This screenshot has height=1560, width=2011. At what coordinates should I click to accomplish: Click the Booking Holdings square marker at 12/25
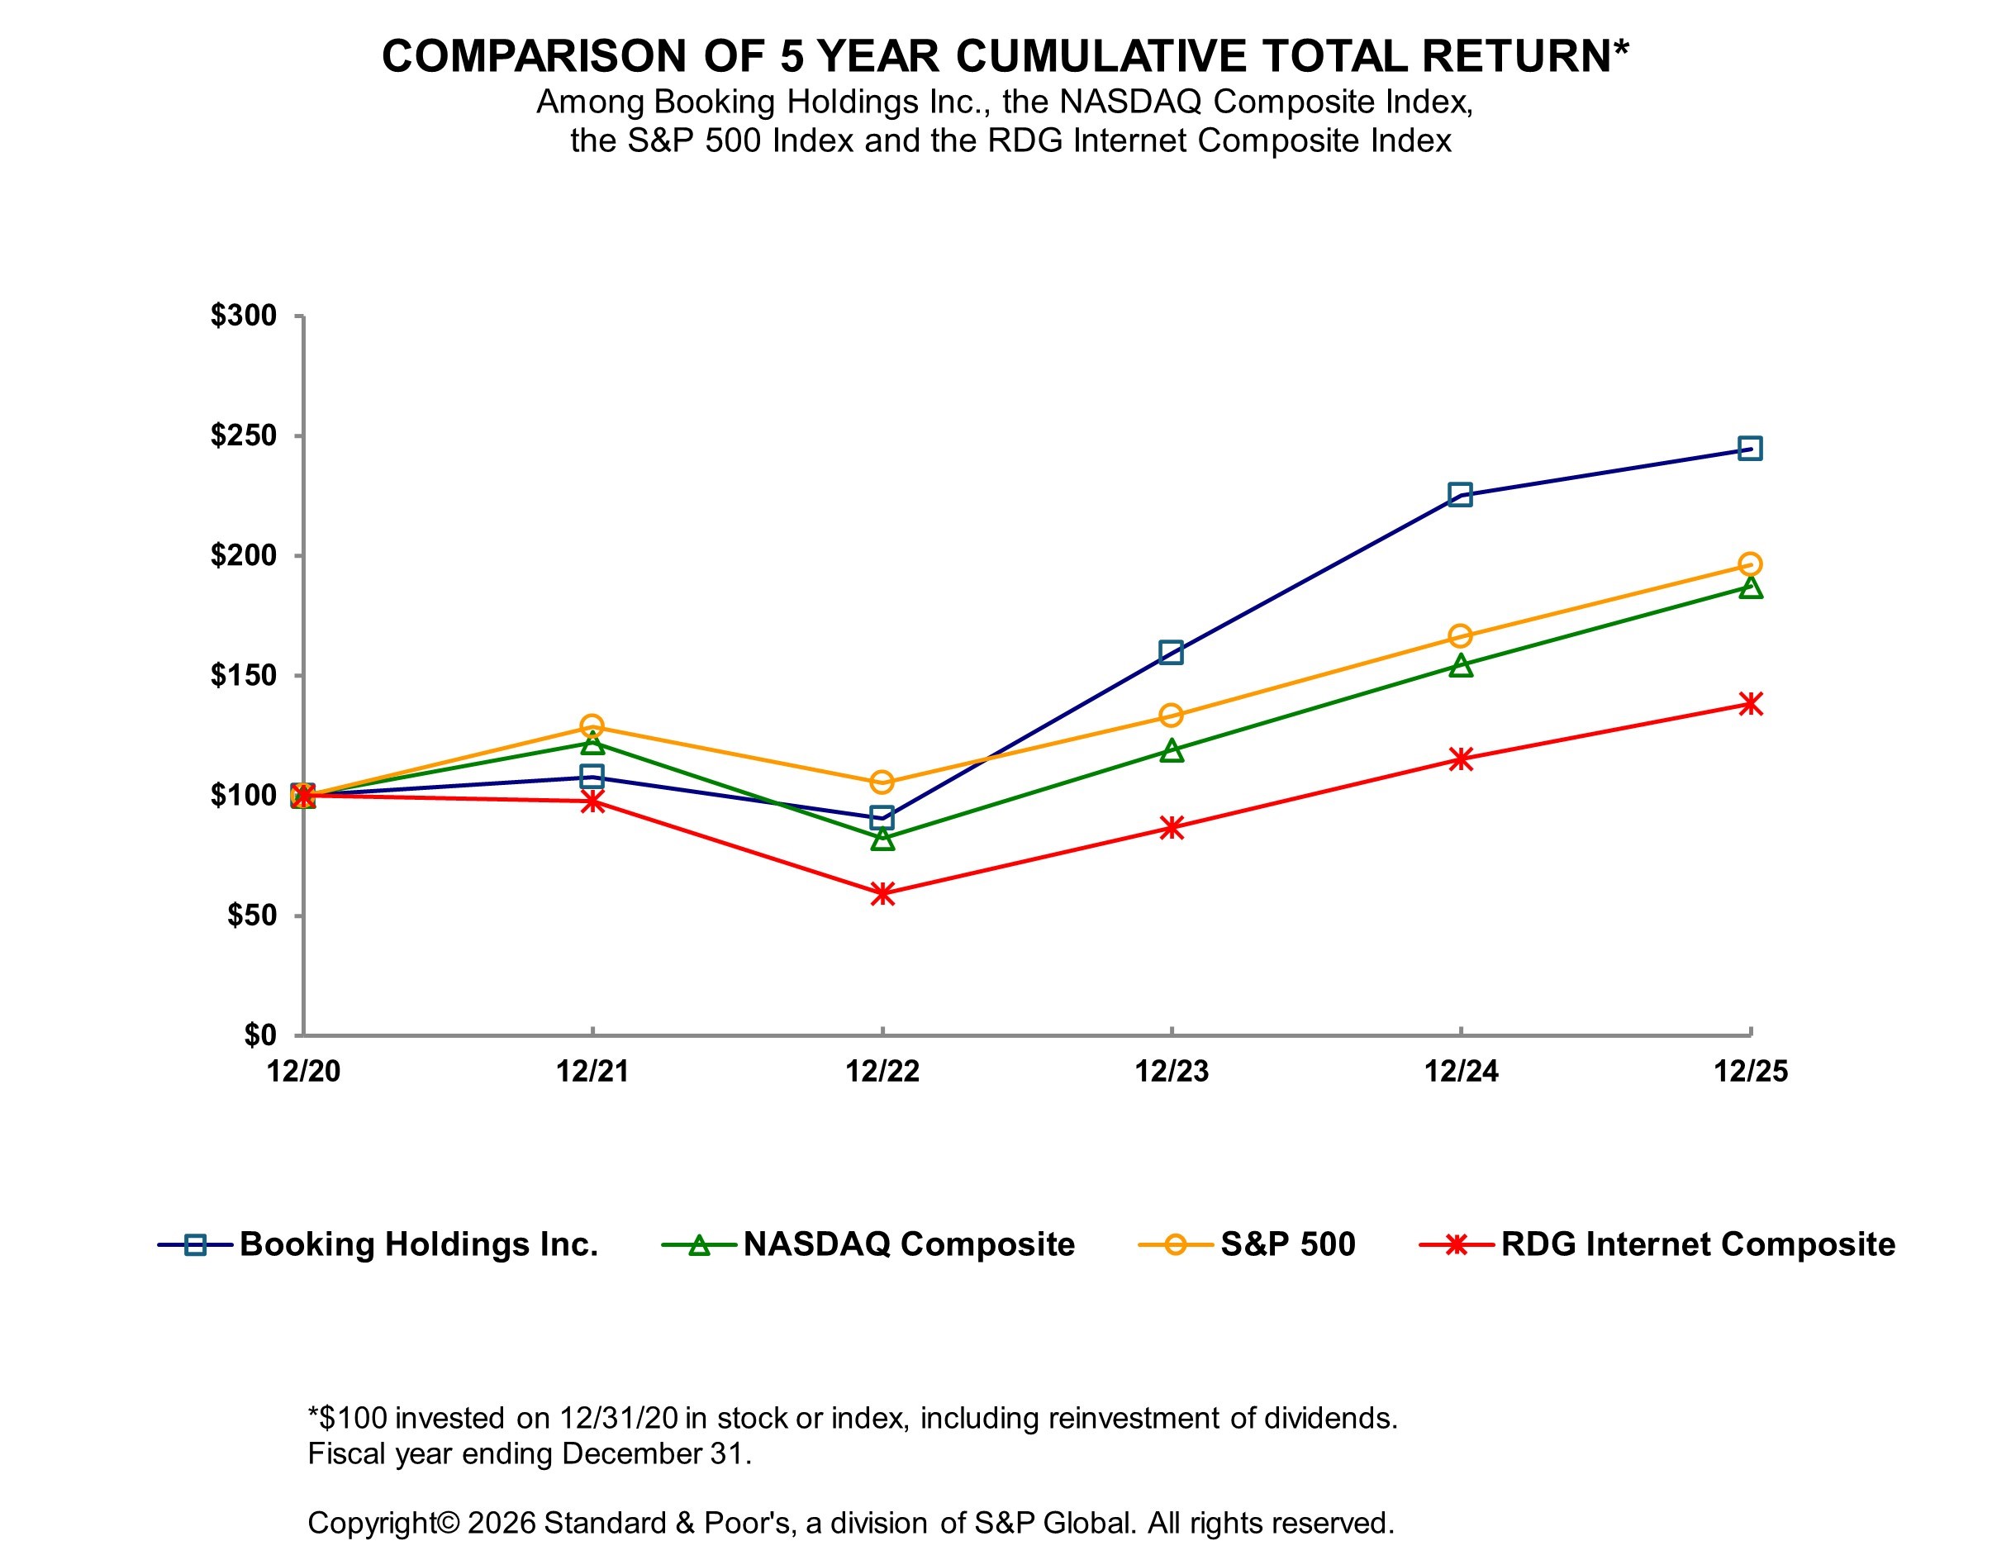[1749, 449]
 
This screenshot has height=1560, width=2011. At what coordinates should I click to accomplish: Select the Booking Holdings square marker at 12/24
[1459, 494]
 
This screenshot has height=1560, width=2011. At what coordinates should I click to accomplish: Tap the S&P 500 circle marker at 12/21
[592, 725]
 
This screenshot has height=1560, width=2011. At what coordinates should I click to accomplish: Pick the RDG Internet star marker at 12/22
[882, 893]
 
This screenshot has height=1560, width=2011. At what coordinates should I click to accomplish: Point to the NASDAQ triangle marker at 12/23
[1172, 750]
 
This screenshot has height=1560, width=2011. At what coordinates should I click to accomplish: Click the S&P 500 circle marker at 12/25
[1749, 564]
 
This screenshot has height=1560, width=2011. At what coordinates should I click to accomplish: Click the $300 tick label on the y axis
[243, 316]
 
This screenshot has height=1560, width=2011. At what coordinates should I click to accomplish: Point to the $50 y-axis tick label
[251, 916]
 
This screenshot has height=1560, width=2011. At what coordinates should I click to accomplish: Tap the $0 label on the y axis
[259, 1035]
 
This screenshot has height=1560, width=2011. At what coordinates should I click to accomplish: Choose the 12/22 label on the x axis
[882, 1071]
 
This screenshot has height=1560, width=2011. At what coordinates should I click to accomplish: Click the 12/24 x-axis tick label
[1461, 1071]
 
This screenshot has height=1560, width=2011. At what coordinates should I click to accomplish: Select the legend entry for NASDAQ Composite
[908, 1244]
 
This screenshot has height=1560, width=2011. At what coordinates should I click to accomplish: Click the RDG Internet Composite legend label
[1697, 1244]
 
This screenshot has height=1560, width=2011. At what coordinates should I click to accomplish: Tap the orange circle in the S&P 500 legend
[1175, 1245]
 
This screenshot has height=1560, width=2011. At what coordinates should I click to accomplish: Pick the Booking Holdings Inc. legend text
[419, 1244]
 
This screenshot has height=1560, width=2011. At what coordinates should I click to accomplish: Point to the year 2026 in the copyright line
[501, 1522]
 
